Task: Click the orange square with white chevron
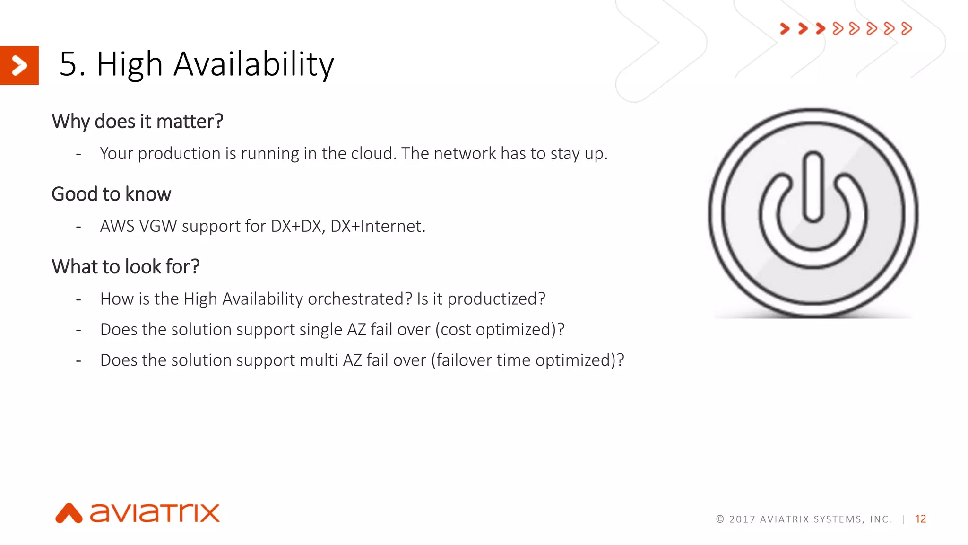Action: (x=19, y=65)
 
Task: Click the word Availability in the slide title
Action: (x=254, y=64)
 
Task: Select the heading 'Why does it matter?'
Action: (x=137, y=122)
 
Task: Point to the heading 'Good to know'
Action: (x=111, y=194)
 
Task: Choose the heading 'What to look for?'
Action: (x=126, y=267)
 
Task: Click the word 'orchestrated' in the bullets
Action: (x=360, y=299)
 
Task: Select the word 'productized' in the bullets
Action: (x=495, y=299)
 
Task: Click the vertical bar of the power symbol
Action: (x=813, y=187)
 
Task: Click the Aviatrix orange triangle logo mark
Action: (x=69, y=513)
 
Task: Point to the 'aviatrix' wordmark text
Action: (x=155, y=513)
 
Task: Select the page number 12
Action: (x=920, y=519)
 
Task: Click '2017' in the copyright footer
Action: (x=742, y=519)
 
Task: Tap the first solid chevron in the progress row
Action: (x=785, y=29)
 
